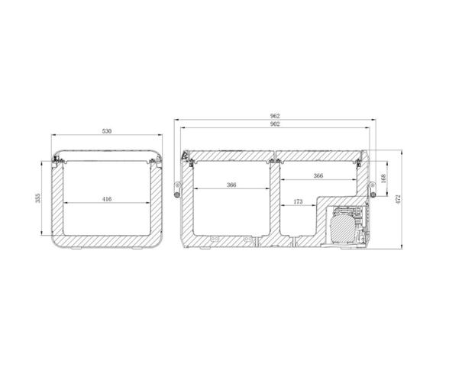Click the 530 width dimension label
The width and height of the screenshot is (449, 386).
(107, 132)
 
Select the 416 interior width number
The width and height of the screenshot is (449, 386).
(107, 199)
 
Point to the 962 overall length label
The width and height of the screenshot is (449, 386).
(274, 117)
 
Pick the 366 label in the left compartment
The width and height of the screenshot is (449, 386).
(231, 185)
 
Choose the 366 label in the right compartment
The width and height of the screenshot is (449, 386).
(318, 176)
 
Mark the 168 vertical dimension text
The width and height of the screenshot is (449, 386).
(383, 179)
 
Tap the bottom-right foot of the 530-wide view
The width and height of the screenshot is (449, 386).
(139, 248)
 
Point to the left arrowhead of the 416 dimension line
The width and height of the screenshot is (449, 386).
(66, 203)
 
